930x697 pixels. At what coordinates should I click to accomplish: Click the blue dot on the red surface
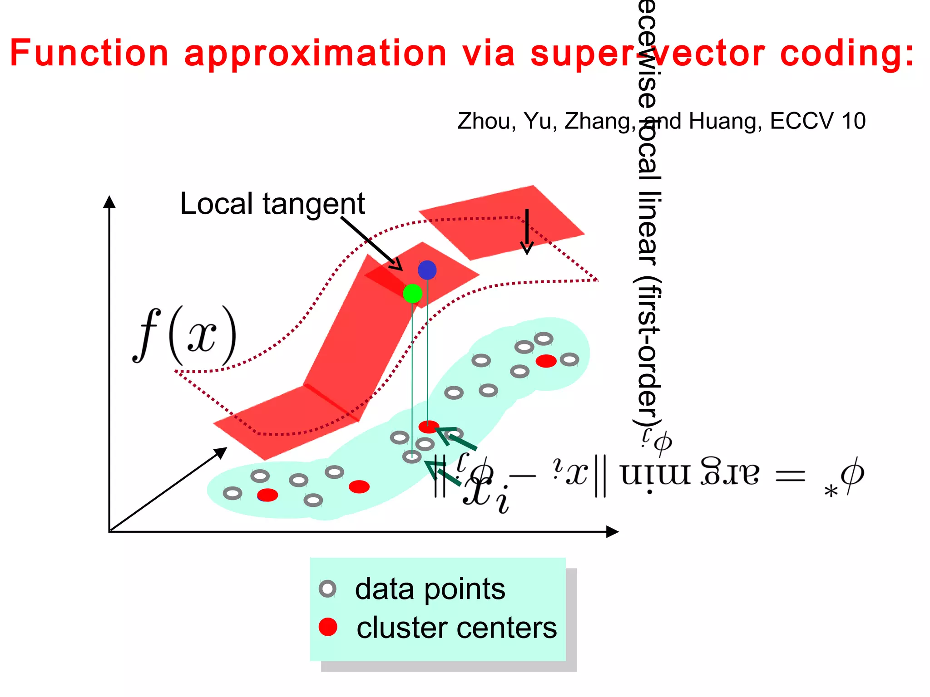click(x=427, y=270)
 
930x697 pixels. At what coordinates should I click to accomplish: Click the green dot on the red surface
click(x=412, y=294)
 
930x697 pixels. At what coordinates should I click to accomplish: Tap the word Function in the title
click(x=89, y=53)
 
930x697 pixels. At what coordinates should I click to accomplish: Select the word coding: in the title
click(x=847, y=53)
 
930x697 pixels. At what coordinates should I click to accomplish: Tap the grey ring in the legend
click(x=327, y=589)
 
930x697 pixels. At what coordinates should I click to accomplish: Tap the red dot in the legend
click(x=327, y=627)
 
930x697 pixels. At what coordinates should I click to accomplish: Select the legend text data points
click(x=430, y=589)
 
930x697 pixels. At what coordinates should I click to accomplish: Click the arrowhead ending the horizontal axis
click(x=613, y=532)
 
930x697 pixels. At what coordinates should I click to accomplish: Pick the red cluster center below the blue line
click(x=428, y=427)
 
